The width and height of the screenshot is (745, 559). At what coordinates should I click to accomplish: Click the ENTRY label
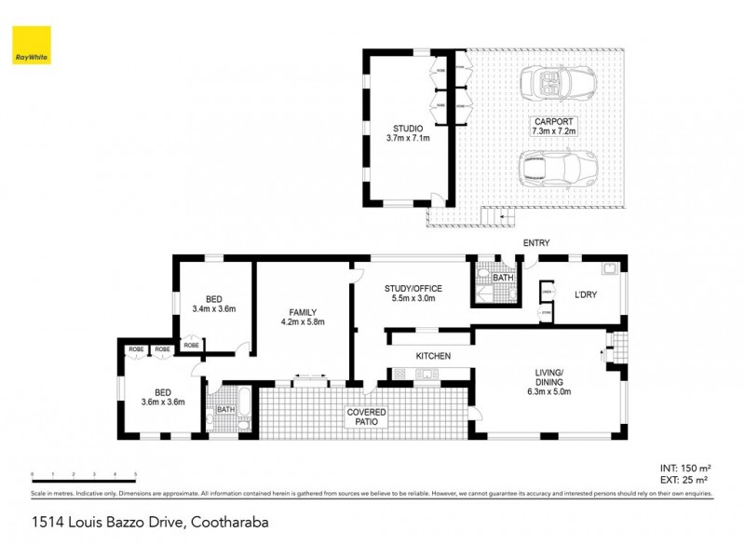click(x=536, y=243)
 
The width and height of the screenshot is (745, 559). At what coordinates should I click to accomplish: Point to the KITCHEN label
click(x=433, y=356)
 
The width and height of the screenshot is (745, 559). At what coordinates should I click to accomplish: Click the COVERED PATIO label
click(x=367, y=416)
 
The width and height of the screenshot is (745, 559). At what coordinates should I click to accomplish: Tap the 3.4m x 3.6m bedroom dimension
click(x=213, y=308)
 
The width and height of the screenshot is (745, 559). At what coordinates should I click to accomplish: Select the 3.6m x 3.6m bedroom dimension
click(x=163, y=402)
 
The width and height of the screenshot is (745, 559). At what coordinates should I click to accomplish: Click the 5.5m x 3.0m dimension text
click(x=413, y=300)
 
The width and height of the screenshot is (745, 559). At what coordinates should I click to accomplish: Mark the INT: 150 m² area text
click(x=686, y=468)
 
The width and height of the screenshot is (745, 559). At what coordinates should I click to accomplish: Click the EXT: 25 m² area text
click(x=686, y=478)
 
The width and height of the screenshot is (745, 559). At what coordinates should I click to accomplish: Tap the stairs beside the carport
click(x=494, y=217)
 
